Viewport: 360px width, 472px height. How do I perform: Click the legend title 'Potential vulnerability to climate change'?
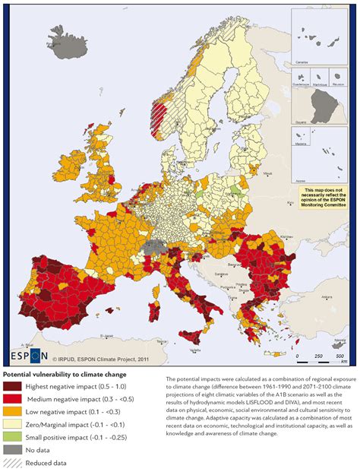(69, 374)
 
